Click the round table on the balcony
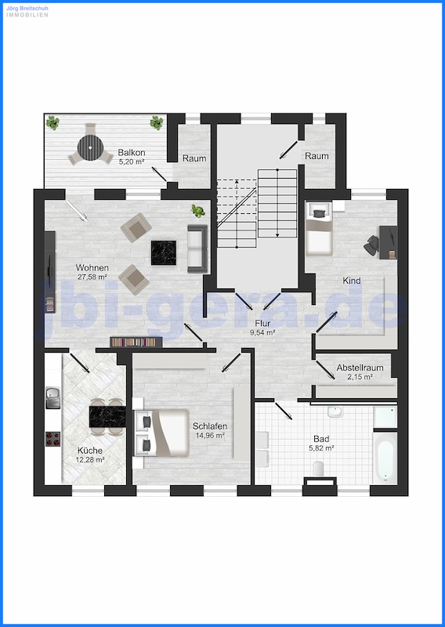(x=90, y=147)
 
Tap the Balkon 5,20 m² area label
(x=131, y=157)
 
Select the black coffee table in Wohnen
(x=164, y=252)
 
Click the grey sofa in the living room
(x=197, y=248)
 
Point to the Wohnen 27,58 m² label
(x=92, y=272)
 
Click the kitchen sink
(x=52, y=397)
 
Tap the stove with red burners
(x=52, y=439)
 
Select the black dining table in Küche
(x=107, y=416)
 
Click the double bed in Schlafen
(x=161, y=433)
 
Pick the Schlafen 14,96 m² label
(x=210, y=430)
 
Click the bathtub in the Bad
(x=385, y=457)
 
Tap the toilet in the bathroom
(x=318, y=468)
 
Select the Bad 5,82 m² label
(x=321, y=443)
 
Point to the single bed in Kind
(x=319, y=228)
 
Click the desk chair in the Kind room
(x=372, y=245)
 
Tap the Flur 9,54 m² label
(x=262, y=328)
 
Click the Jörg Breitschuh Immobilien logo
(x=27, y=12)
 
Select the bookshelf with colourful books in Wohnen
(x=136, y=342)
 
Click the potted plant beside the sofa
(x=198, y=211)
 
